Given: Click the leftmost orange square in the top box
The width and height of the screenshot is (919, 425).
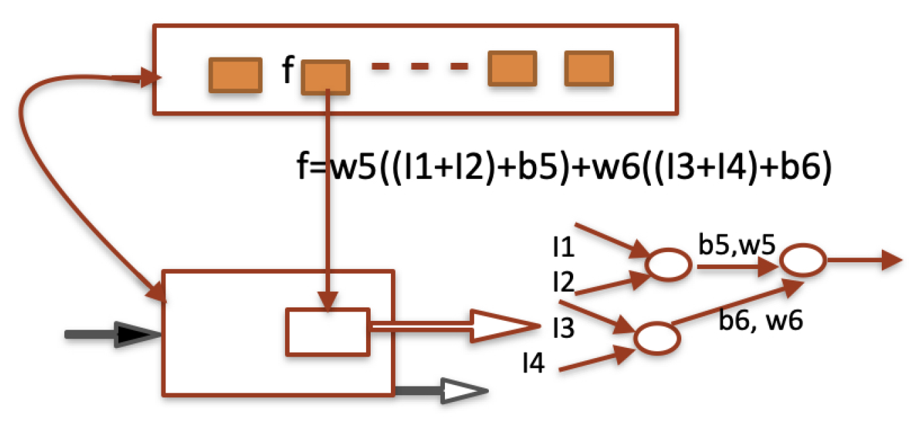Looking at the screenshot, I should pos(234,74).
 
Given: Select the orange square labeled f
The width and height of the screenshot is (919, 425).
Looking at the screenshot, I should pos(325,76).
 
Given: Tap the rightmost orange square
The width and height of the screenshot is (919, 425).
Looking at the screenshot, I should pos(589,70).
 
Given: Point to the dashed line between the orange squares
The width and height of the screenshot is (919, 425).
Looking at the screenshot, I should pos(419,67).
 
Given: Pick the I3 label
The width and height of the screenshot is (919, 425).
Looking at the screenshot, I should pos(562,329).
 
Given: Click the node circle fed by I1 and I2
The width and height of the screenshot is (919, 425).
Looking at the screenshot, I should pos(668,266).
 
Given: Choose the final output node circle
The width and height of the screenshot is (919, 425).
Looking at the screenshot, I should pos(802,260).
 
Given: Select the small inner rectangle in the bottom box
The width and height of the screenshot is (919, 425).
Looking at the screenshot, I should pos(327,331).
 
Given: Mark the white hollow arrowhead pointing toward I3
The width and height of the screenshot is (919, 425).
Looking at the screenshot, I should pos(503,326).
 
